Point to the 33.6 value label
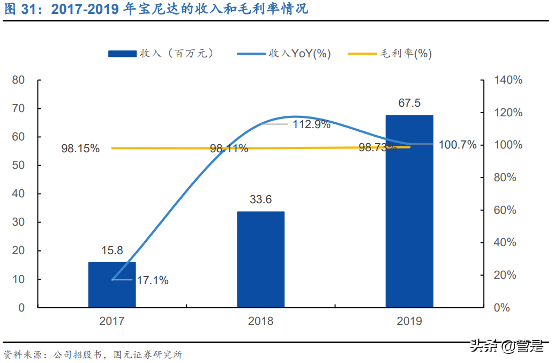[260, 199]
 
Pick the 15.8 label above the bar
[111, 250]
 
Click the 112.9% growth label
[311, 125]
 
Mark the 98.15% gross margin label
[80, 149]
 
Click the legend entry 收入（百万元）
[161, 53]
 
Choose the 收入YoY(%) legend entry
[284, 53]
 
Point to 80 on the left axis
[18, 80]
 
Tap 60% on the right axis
[505, 210]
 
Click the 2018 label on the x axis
[260, 321]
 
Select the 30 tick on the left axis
[18, 223]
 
